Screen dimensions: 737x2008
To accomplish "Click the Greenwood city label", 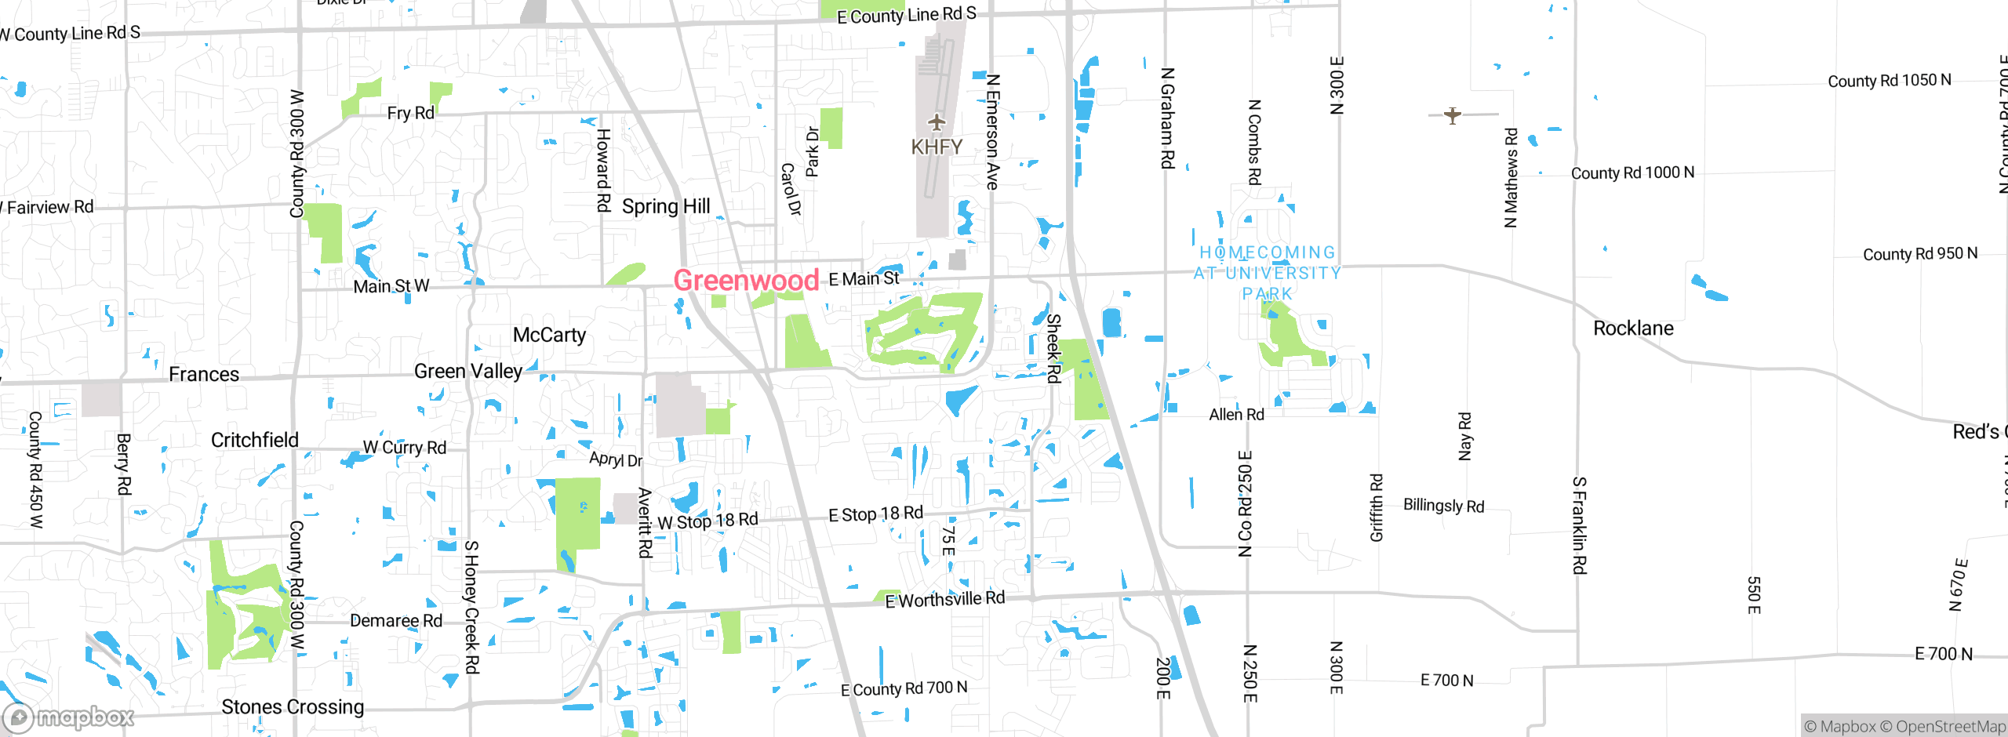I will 746,280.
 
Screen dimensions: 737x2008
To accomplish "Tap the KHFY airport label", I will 937,147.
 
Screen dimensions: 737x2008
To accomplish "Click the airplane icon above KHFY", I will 937,122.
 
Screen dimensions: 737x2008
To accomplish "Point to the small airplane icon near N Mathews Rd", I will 1453,115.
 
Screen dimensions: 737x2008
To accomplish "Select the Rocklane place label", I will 1633,328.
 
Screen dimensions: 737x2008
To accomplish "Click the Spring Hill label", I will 666,206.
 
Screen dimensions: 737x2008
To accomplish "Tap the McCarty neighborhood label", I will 549,335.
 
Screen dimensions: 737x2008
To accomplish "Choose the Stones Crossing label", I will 293,706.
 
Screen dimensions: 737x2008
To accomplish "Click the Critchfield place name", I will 255,440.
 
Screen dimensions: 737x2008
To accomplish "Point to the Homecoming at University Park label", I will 1268,273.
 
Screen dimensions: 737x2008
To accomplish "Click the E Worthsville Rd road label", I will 944,600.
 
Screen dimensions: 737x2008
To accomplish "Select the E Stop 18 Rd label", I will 875,514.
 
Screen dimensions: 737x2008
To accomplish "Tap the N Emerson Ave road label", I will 992,132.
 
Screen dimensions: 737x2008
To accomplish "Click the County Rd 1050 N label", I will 1889,81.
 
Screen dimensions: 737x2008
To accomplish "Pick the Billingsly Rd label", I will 1443,506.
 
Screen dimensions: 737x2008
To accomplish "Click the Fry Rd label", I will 410,113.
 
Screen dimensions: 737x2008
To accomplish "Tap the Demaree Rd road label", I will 396,620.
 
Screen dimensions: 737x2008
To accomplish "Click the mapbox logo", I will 69,717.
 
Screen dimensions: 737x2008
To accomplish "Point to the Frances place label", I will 204,374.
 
